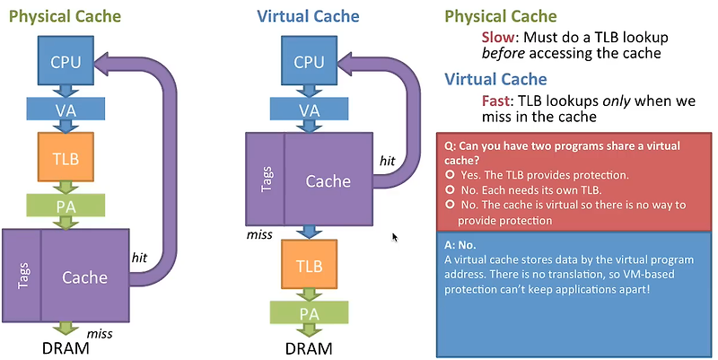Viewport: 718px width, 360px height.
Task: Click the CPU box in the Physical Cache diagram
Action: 66,60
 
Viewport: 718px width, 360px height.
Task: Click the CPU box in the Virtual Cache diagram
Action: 309,60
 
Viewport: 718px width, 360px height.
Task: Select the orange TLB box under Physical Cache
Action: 66,157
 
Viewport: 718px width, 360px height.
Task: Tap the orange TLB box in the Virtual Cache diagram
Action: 309,264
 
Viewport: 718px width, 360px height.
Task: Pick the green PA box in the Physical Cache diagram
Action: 66,206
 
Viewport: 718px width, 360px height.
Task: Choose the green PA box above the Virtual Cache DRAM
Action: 309,312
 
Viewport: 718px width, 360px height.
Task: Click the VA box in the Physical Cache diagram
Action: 66,109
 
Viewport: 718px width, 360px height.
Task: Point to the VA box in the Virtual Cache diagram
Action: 309,109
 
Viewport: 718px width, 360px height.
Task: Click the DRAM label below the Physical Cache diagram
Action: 66,348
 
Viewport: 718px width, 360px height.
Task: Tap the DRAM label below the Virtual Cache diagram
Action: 309,348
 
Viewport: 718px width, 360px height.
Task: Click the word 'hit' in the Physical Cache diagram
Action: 139,258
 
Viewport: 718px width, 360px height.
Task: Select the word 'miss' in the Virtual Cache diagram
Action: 259,235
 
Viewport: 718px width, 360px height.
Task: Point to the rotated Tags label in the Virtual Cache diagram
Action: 266,179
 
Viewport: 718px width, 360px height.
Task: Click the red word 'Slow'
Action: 498,37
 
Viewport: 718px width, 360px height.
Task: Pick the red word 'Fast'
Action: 496,101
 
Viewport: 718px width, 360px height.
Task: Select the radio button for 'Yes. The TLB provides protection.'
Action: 450,175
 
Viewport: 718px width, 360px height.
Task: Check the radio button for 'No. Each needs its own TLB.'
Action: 450,189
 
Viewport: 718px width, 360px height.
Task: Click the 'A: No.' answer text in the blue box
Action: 460,245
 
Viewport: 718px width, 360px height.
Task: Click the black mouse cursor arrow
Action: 395,237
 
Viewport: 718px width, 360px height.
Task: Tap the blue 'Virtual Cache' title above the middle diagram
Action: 308,16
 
